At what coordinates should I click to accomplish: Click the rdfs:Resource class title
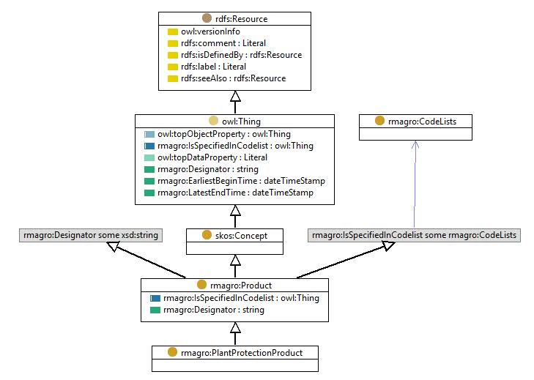[241, 19]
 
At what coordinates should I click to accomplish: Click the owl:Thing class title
[241, 122]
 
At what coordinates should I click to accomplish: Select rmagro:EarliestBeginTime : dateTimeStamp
[241, 181]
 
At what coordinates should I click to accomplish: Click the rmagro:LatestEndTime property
[235, 193]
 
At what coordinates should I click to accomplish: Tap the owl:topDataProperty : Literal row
[212, 157]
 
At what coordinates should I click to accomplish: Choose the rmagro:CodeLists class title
[422, 122]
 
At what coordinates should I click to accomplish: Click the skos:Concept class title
[241, 235]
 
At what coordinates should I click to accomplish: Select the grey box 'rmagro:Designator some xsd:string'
[91, 235]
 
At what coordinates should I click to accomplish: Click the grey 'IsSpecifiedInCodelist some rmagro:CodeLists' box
[414, 235]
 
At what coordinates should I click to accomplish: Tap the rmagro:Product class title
[241, 285]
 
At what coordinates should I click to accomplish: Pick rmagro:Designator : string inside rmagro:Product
[214, 310]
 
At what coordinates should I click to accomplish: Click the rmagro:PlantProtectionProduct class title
[242, 353]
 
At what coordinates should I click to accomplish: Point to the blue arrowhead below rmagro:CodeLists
[415, 144]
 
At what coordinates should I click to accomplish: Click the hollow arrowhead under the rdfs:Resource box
[235, 97]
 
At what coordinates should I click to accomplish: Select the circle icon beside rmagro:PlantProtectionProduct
[172, 352]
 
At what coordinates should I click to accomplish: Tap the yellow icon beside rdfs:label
[173, 67]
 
